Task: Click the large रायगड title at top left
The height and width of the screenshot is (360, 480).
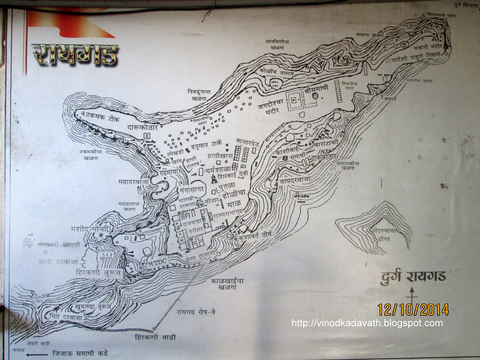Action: tap(75, 56)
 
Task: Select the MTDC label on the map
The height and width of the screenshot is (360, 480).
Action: tap(156, 264)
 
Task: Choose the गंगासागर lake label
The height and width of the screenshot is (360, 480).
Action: tap(192, 190)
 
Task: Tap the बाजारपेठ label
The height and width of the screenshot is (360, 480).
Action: tap(247, 141)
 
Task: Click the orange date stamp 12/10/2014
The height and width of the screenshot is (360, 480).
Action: tap(413, 309)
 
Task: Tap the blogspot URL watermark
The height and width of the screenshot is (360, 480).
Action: tap(367, 323)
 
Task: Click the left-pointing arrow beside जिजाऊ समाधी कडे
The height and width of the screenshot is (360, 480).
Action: tap(36, 353)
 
